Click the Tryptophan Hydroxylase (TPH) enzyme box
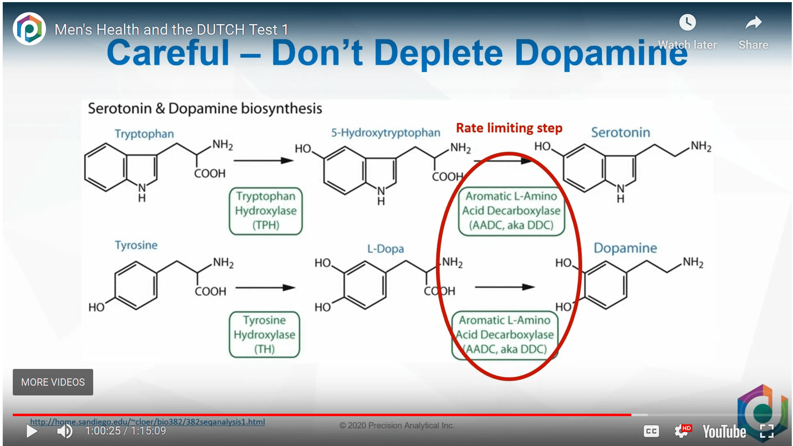(x=266, y=211)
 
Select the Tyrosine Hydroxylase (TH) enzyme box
(x=264, y=334)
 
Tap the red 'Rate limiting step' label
(x=509, y=128)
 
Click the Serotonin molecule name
(x=621, y=133)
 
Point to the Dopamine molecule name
(x=625, y=248)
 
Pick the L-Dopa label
(x=386, y=249)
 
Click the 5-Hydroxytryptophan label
(x=386, y=133)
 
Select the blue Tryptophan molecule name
(x=144, y=134)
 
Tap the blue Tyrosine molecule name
(x=136, y=245)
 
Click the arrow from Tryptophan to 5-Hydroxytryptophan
(x=263, y=161)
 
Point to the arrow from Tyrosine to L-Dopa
(x=265, y=288)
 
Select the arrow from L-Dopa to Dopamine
(x=505, y=287)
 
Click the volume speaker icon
(x=65, y=431)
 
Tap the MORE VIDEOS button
(x=53, y=382)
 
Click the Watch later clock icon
(x=687, y=22)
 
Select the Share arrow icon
(x=753, y=23)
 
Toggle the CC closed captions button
(x=651, y=431)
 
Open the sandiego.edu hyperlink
(x=147, y=422)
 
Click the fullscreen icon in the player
(x=767, y=431)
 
